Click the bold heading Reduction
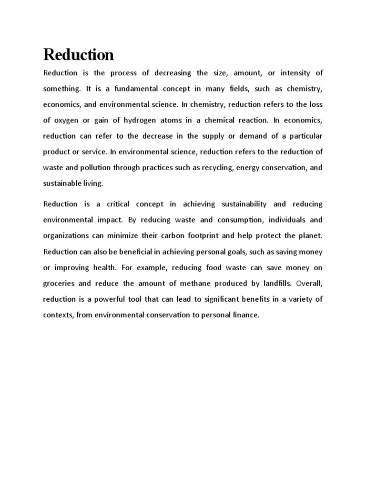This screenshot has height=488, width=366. coord(79,55)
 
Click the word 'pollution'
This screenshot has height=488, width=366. coord(97,167)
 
